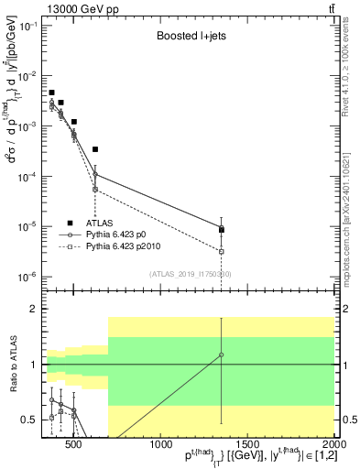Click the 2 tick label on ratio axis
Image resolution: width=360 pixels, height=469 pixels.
33,309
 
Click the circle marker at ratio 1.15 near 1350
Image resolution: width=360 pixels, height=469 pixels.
222,354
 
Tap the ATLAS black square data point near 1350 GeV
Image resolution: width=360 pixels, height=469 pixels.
222,230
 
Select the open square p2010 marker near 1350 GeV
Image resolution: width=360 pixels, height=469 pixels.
222,251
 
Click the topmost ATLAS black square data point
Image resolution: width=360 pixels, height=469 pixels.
51,93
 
